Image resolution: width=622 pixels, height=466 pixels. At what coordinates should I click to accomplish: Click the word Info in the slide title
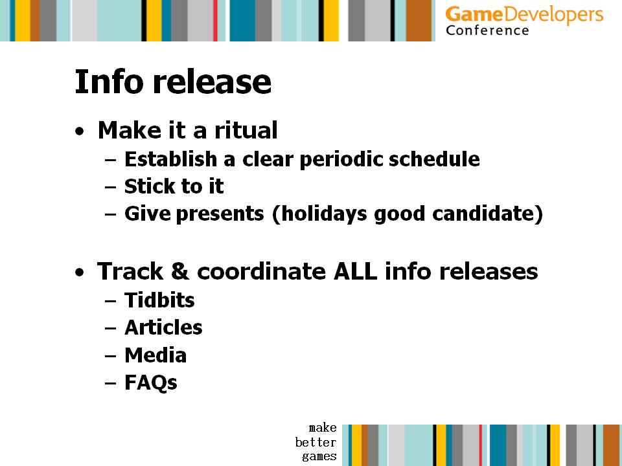click(x=109, y=82)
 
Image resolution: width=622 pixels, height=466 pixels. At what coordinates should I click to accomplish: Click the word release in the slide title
click(x=213, y=82)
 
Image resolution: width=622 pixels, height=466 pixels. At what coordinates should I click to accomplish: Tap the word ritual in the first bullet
click(x=246, y=130)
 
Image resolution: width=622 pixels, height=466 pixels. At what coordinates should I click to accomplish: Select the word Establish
click(x=170, y=159)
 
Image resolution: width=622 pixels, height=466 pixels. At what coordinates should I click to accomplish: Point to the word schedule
click(x=434, y=159)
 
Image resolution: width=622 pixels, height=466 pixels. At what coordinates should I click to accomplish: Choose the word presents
click(x=220, y=214)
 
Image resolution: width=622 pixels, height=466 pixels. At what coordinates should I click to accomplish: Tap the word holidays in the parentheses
click(x=321, y=214)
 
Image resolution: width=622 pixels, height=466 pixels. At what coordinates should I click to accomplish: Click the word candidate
click(x=483, y=214)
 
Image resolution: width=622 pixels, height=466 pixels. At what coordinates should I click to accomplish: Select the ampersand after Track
click(x=179, y=271)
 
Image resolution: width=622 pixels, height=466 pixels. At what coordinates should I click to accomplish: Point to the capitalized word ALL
click(x=355, y=271)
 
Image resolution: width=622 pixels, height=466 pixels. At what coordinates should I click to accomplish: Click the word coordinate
click(x=261, y=271)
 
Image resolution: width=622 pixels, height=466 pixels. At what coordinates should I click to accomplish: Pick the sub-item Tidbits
click(x=159, y=300)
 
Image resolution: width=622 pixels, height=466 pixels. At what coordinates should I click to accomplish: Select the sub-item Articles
click(x=163, y=327)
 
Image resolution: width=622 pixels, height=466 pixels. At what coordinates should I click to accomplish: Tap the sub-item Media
click(x=155, y=355)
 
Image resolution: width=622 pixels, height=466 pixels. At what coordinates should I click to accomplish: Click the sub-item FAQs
click(x=151, y=383)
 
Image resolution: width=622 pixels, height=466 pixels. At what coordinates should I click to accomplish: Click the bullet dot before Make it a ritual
click(x=80, y=131)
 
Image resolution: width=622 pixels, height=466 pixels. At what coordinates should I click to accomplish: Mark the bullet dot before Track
click(x=80, y=272)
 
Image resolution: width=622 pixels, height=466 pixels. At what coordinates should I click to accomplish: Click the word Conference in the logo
click(x=487, y=30)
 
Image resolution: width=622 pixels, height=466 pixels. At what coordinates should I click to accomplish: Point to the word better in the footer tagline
click(x=316, y=442)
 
